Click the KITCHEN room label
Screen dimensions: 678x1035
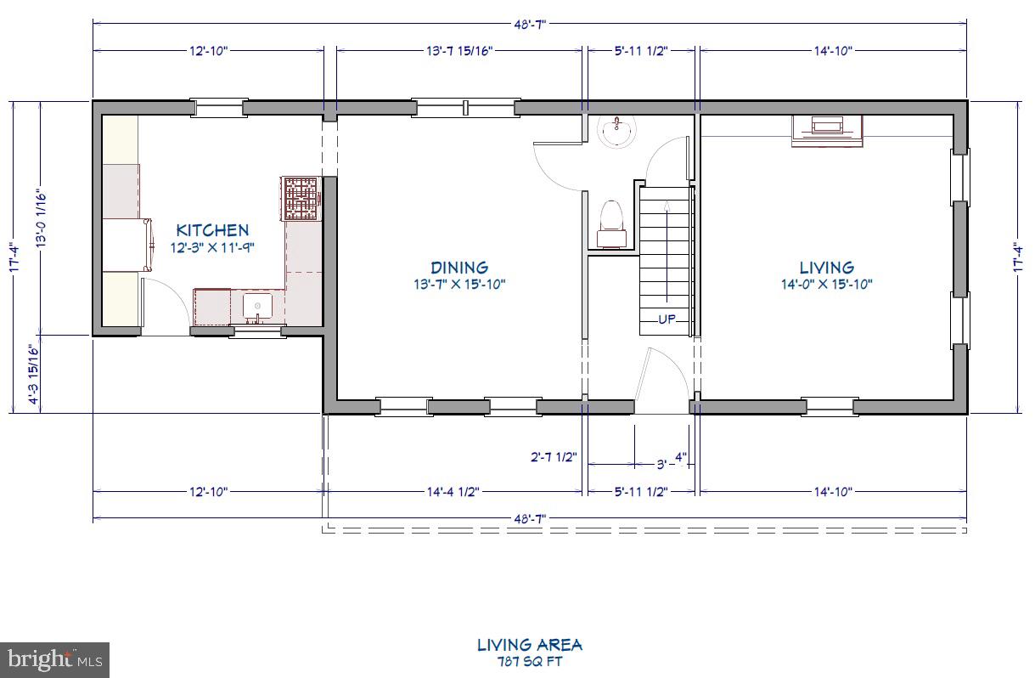[x=212, y=229]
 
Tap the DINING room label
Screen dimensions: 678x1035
[x=458, y=267]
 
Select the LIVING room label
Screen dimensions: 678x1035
[x=826, y=267]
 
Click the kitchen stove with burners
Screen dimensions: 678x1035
[x=300, y=199]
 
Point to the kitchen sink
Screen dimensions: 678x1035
[x=256, y=306]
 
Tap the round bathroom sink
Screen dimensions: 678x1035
[x=615, y=132]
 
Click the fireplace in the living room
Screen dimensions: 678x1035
[x=827, y=129]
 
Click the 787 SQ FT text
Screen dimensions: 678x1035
[x=529, y=662]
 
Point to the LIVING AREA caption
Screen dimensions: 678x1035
[x=529, y=645]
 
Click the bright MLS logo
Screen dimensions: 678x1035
[x=54, y=658]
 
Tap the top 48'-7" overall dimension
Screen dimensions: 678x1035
[x=529, y=25]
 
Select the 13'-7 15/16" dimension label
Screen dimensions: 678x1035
[x=459, y=51]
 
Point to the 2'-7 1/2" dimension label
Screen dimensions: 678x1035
[x=553, y=457]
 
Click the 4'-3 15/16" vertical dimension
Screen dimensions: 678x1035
[x=35, y=374]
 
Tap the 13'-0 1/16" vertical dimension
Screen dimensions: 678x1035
[x=39, y=218]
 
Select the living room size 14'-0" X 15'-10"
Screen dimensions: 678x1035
[x=826, y=285]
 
